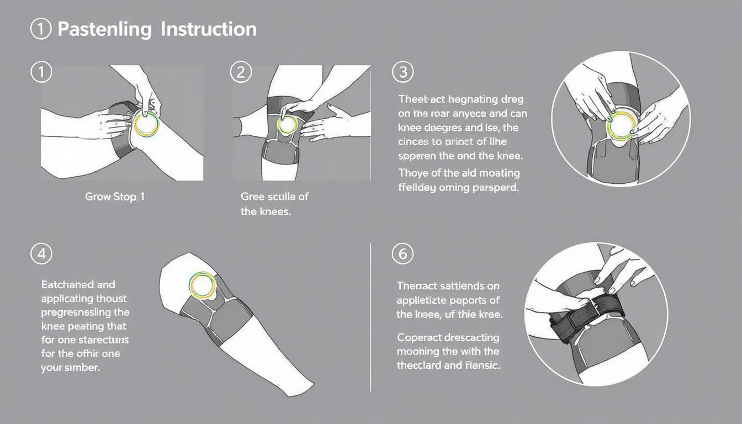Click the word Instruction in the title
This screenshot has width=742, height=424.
[209, 29]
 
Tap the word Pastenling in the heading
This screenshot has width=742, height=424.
[104, 29]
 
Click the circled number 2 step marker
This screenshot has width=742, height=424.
[241, 72]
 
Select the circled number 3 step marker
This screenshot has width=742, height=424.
[402, 72]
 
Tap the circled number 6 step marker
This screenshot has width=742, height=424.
[402, 254]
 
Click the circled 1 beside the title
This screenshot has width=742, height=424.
[41, 29]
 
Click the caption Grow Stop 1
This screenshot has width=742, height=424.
[115, 197]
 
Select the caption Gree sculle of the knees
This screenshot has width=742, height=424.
[274, 204]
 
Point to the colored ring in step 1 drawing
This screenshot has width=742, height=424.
[146, 124]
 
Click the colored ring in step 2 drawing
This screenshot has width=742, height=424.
[287, 125]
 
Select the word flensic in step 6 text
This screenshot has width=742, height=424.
[483, 365]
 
